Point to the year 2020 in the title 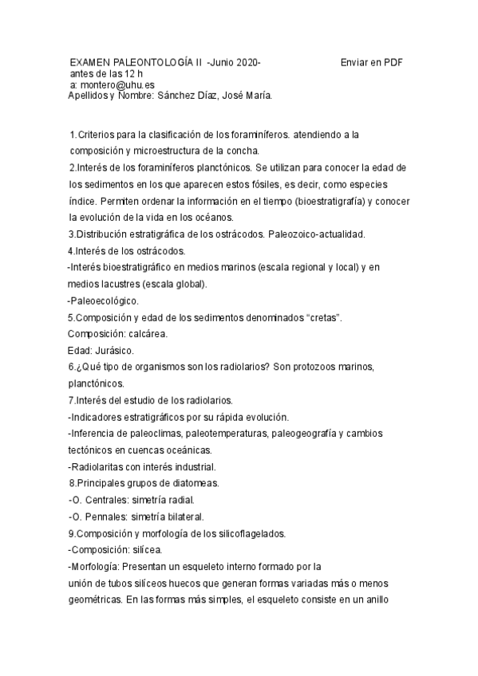point(246,61)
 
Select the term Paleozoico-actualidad point(314,234)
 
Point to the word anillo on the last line point(373,599)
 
